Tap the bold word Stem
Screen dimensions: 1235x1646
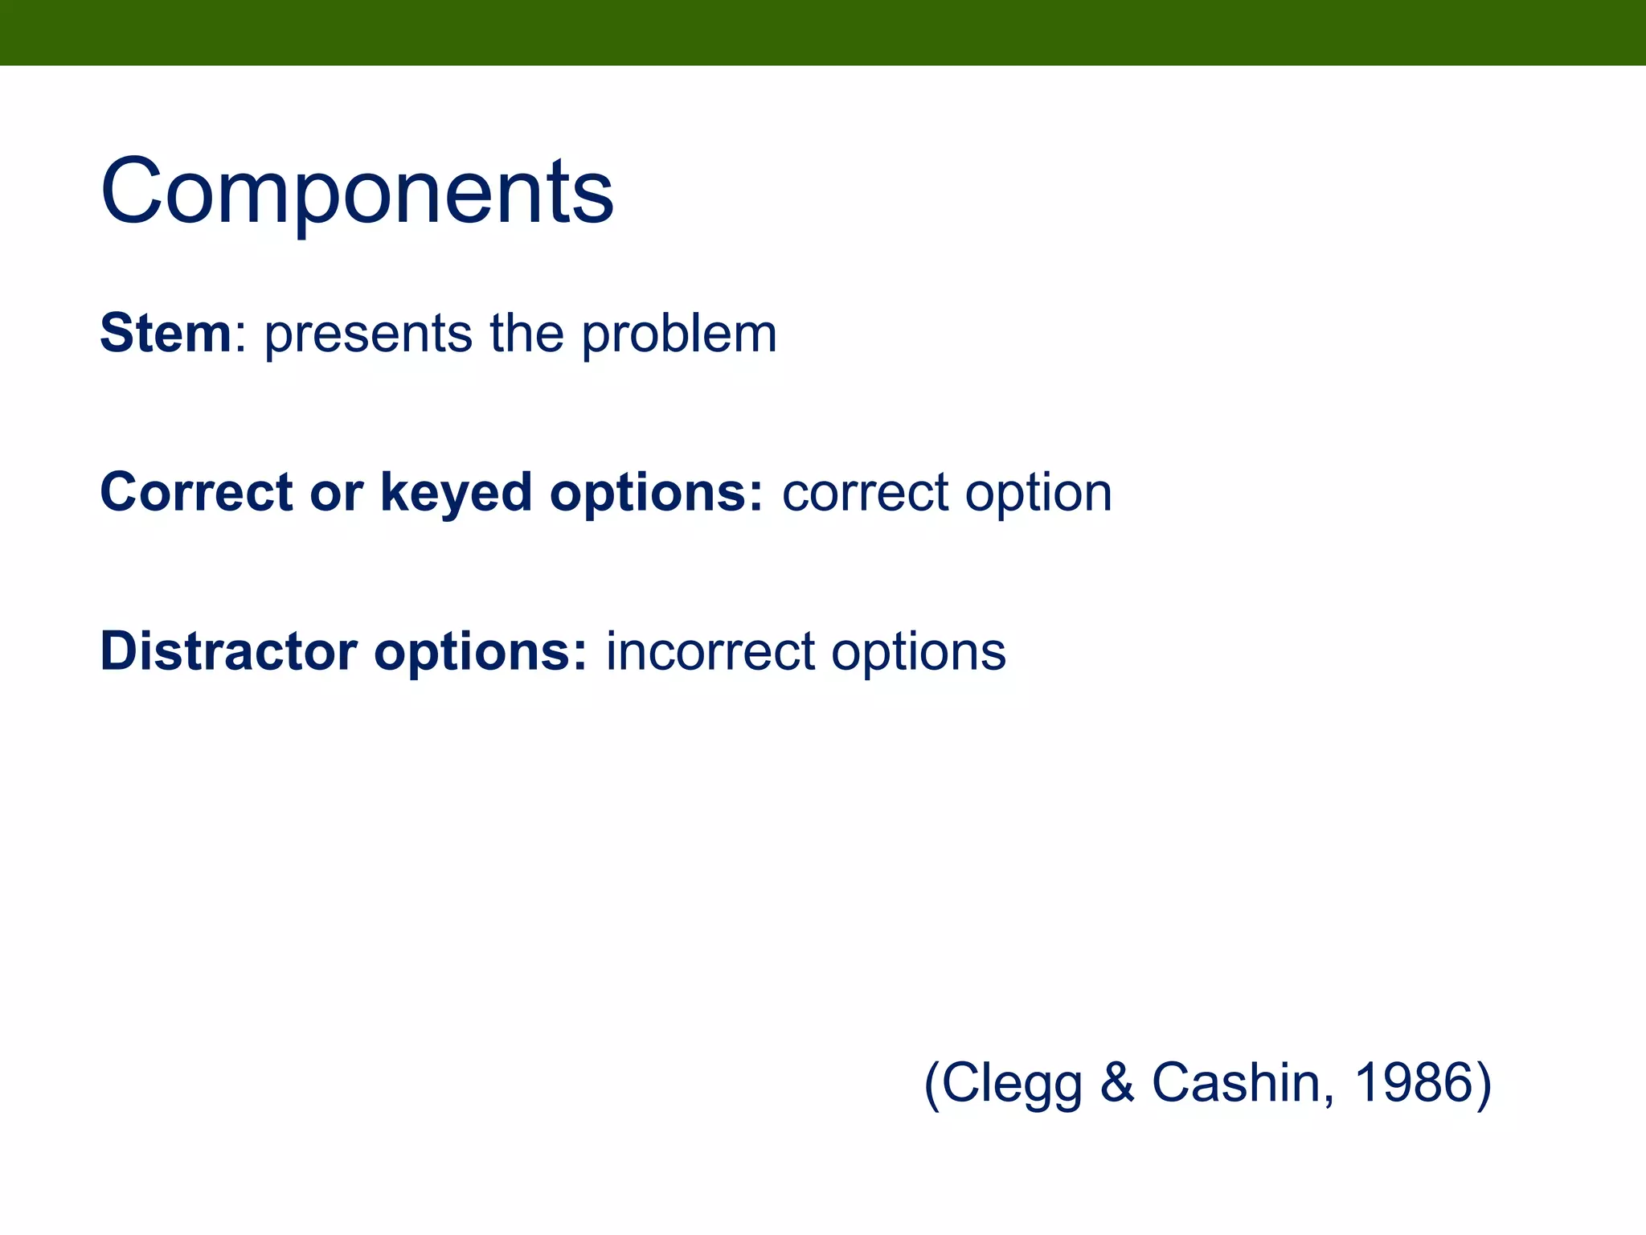(x=166, y=333)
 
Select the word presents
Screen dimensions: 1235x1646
(x=368, y=334)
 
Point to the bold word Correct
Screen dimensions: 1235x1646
(x=196, y=492)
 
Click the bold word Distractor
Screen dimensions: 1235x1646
(x=228, y=651)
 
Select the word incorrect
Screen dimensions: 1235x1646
(x=710, y=651)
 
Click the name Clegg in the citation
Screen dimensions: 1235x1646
(x=1011, y=1084)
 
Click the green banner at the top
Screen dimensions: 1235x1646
(x=823, y=32)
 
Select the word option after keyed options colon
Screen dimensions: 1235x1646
(x=1038, y=494)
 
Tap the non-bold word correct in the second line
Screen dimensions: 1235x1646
(x=865, y=494)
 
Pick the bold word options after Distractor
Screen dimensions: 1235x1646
(x=481, y=653)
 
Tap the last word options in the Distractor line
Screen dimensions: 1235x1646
(x=918, y=653)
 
